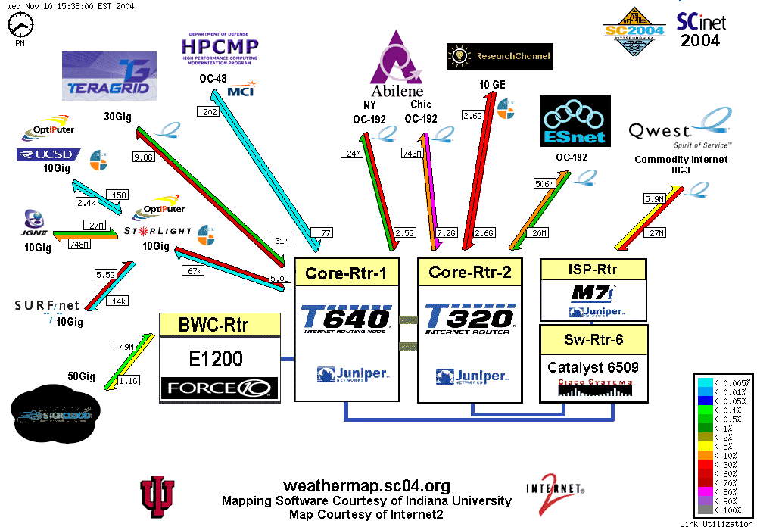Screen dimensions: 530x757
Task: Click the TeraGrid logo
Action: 109,76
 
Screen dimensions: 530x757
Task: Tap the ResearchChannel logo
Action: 500,56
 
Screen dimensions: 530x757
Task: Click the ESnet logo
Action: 575,120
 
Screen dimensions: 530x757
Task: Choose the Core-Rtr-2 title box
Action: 470,272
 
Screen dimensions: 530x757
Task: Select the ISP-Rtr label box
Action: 593,270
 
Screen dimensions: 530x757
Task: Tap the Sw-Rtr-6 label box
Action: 593,339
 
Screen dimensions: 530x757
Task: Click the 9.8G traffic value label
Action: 143,157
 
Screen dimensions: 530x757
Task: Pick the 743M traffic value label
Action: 412,153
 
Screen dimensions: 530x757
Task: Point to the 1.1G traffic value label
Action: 129,381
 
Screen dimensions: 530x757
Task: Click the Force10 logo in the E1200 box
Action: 219,389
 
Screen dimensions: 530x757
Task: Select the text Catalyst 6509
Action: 593,368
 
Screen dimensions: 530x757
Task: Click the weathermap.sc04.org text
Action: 366,486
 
